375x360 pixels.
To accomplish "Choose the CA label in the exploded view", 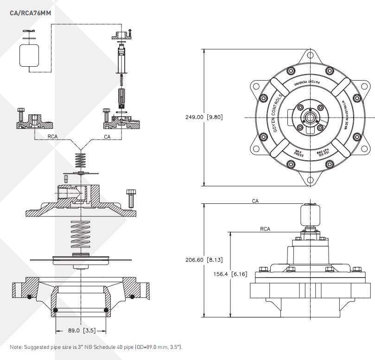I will [x=107, y=137].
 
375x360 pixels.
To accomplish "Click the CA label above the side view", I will [x=255, y=202].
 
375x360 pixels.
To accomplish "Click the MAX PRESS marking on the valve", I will [x=299, y=153].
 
